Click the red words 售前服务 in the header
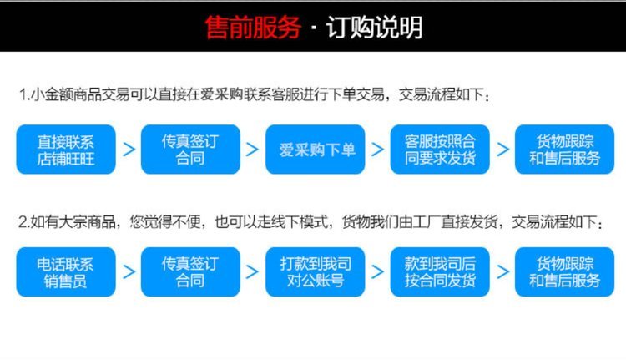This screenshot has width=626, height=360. pos(253,28)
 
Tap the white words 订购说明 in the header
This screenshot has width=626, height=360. pos(375,28)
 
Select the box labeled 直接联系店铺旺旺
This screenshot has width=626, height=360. pos(66,150)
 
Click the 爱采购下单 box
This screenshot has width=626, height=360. pos(316,150)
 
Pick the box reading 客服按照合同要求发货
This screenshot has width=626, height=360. pos(440,150)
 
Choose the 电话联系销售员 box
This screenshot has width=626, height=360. pos(66,272)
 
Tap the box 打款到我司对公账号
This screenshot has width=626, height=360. pos(316,272)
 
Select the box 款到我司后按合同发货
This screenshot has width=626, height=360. pos(440,272)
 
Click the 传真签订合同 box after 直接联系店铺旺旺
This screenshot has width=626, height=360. pos(190,150)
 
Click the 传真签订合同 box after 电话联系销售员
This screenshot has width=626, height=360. pos(190,272)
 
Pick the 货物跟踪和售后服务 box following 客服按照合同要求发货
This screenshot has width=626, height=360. pos(564,150)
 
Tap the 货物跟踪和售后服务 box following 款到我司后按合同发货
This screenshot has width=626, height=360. pos(564,272)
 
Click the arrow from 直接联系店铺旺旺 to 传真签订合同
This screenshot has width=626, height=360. pos(129,150)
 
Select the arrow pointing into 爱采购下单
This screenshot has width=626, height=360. pos(252,150)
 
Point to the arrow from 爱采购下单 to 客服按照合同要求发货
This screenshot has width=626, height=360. pos(377,150)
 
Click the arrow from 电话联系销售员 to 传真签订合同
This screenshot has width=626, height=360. pos(129,272)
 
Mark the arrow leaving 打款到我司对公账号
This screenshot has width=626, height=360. pos(377,272)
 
